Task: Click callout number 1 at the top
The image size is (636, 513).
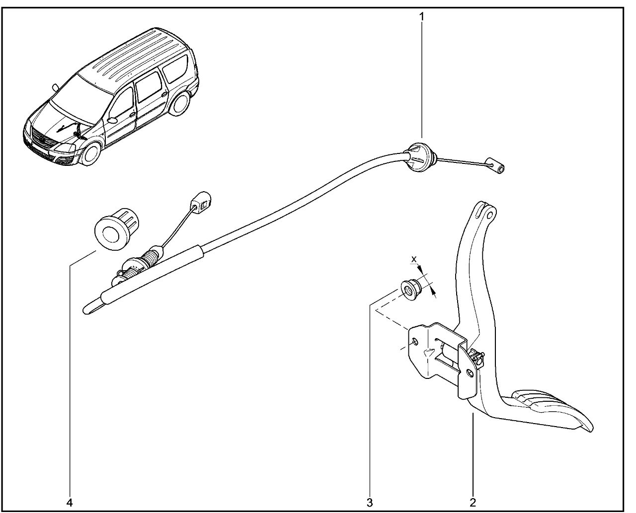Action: [422, 16]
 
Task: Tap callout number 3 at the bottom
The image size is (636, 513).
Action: [370, 502]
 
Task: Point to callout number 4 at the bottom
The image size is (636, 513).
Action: [70, 502]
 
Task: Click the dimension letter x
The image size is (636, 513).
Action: [414, 259]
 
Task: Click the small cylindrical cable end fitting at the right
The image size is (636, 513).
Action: [497, 167]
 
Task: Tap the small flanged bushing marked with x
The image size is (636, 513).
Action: [410, 289]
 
